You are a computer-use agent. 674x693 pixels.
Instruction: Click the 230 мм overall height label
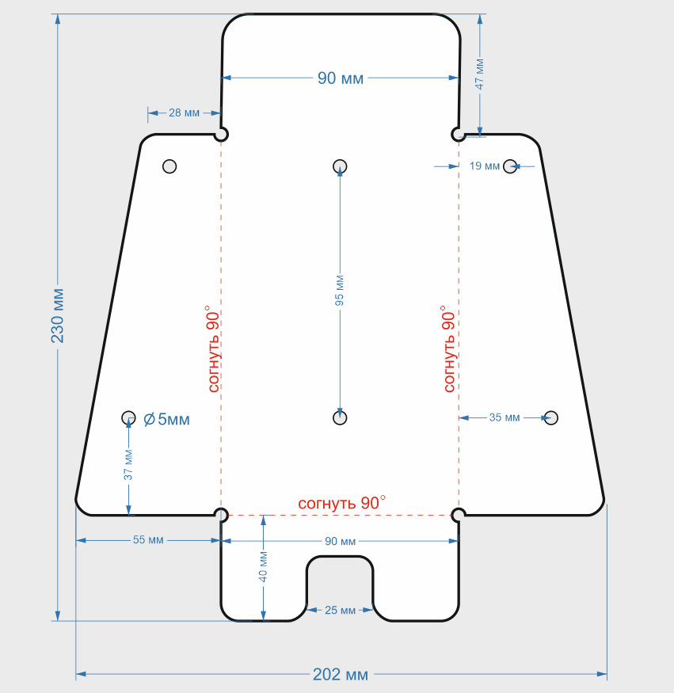pyautogui.click(x=58, y=316)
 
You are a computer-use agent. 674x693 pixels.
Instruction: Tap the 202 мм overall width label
pyautogui.click(x=341, y=675)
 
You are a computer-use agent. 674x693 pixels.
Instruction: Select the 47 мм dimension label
pyautogui.click(x=479, y=74)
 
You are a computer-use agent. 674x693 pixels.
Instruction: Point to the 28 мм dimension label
pyautogui.click(x=184, y=112)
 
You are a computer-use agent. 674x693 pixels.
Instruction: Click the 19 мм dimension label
pyautogui.click(x=485, y=166)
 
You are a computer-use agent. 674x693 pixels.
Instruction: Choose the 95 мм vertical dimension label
pyautogui.click(x=340, y=291)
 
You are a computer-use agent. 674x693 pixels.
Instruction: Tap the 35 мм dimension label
pyautogui.click(x=505, y=417)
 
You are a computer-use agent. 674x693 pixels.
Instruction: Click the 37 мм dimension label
pyautogui.click(x=128, y=465)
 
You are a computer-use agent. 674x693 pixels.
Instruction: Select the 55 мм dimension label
pyautogui.click(x=148, y=539)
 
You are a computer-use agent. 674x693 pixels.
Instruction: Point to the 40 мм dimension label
pyautogui.click(x=263, y=566)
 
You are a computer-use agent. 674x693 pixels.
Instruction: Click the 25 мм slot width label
pyautogui.click(x=340, y=610)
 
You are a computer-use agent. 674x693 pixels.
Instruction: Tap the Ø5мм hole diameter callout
pyautogui.click(x=166, y=419)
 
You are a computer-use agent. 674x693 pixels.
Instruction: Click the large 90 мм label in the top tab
pyautogui.click(x=341, y=78)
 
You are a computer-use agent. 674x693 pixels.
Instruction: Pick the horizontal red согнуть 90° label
pyautogui.click(x=341, y=503)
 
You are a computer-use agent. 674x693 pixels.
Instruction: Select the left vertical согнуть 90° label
pyautogui.click(x=213, y=348)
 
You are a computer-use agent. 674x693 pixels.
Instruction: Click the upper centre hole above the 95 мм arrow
pyautogui.click(x=340, y=166)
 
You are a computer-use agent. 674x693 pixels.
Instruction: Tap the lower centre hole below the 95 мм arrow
pyautogui.click(x=340, y=417)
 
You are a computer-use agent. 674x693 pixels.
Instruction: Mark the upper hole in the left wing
pyautogui.click(x=169, y=166)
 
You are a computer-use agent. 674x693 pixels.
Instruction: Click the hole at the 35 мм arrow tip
pyautogui.click(x=551, y=417)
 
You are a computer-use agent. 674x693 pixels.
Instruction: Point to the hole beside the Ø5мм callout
pyautogui.click(x=128, y=417)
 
